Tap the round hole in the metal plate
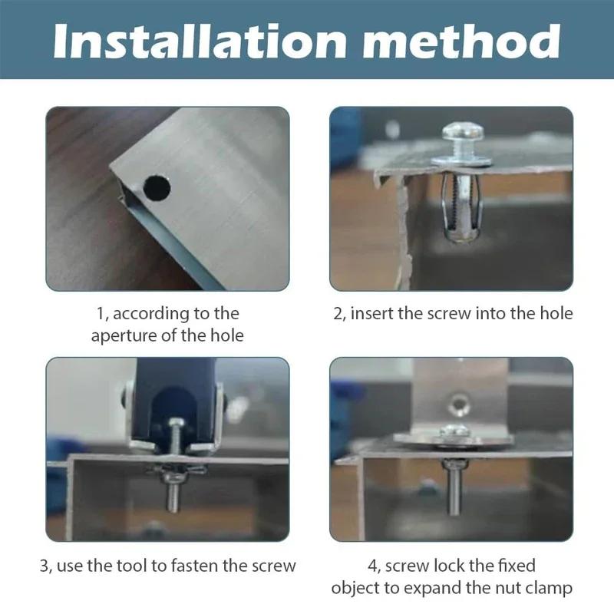[155, 186]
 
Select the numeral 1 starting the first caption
[99, 313]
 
